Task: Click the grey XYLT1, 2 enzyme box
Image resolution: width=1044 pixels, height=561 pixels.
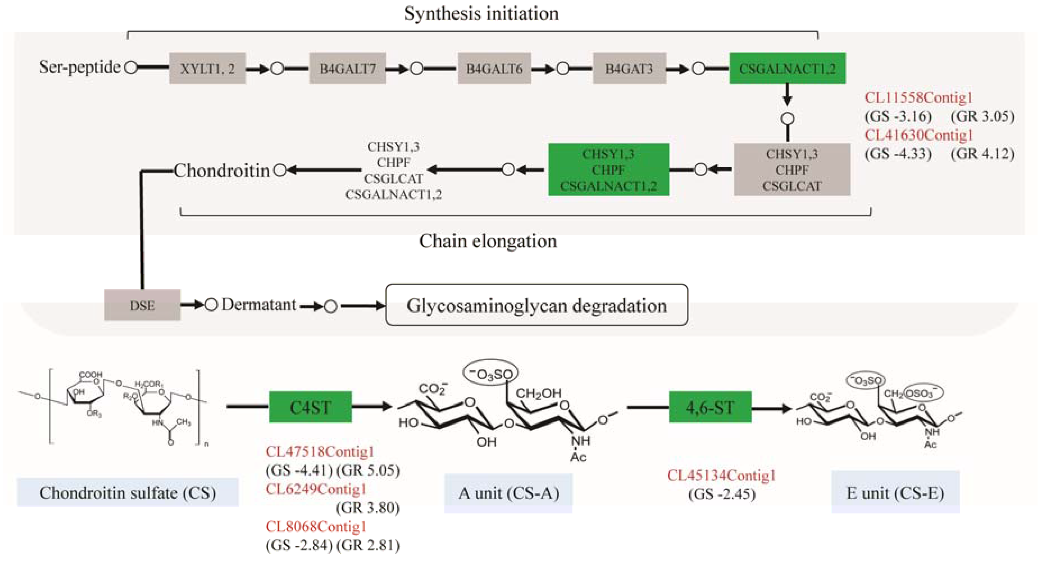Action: (207, 68)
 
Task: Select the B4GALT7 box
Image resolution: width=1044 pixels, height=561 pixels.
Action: (347, 68)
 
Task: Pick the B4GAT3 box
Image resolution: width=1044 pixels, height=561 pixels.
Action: (629, 68)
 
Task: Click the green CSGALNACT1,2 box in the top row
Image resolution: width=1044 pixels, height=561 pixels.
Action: (787, 68)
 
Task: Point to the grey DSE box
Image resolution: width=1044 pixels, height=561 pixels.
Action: (142, 305)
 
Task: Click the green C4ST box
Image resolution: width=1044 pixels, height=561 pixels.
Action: (310, 407)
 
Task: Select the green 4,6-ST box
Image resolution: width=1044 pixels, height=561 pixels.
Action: (710, 407)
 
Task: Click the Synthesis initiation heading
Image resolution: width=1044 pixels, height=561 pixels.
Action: (481, 13)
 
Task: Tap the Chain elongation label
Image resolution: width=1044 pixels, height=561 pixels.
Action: (488, 241)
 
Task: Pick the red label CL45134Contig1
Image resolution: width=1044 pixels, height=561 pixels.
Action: (721, 475)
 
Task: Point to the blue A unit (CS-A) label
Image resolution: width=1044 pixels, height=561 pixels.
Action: (508, 493)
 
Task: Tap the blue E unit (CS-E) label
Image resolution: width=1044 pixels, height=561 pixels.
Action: (895, 493)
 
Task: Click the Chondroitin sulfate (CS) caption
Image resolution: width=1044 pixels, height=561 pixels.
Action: (127, 493)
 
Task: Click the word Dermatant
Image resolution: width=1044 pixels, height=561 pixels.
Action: (259, 304)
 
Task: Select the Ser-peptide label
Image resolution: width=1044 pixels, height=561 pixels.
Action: (79, 67)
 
